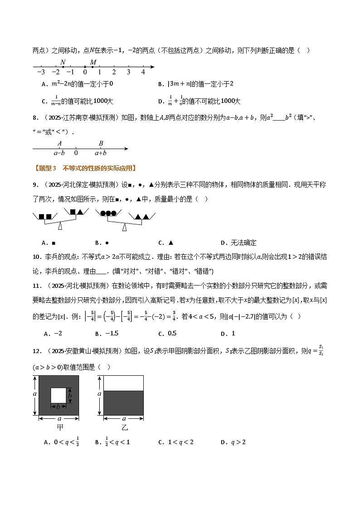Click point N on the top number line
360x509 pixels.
[63, 67]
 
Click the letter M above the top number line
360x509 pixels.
[93, 62]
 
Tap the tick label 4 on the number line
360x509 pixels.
[143, 72]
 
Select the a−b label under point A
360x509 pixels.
[60, 153]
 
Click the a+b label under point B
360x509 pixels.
[101, 153]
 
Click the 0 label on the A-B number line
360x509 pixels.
[76, 153]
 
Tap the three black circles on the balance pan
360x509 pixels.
[108, 213]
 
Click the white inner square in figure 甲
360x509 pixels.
[58, 396]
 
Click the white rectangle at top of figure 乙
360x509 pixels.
[123, 383]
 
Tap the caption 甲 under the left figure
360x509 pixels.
[59, 427]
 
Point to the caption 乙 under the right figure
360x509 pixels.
[124, 427]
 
